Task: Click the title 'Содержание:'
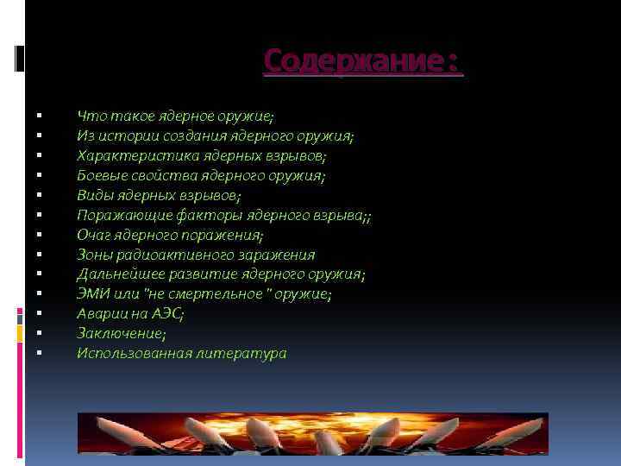click(x=362, y=61)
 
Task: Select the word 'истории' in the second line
click(x=129, y=136)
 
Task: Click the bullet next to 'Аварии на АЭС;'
click(x=40, y=314)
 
